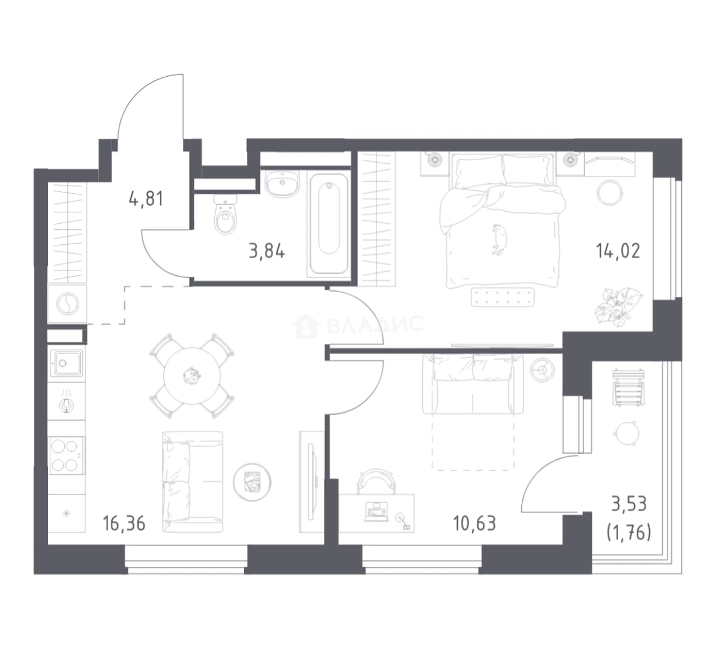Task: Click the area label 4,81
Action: click(146, 199)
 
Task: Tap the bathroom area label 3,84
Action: click(267, 251)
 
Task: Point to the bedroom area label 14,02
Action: click(618, 251)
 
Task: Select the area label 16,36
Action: click(124, 524)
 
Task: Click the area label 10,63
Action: click(474, 524)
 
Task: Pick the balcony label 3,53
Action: click(629, 504)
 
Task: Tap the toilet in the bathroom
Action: click(225, 214)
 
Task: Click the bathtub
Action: click(329, 224)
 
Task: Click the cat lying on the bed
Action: click(499, 239)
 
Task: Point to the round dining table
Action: click(192, 376)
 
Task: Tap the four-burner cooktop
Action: click(67, 455)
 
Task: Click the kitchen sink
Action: click(66, 364)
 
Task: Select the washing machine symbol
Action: click(67, 304)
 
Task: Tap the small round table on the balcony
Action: click(625, 433)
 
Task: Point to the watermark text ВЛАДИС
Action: click(375, 325)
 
